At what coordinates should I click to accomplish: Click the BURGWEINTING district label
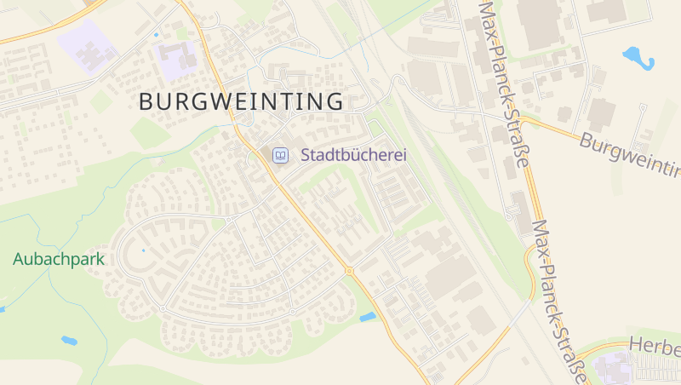coord(241,101)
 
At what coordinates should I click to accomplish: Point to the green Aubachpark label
coord(58,259)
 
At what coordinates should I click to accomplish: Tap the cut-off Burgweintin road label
coord(630,154)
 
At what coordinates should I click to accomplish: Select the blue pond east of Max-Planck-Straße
coord(638,57)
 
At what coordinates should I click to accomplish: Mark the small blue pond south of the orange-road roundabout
coord(368,317)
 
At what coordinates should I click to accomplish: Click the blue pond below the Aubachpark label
coord(69,341)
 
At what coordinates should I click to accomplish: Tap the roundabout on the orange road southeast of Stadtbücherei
coord(348,271)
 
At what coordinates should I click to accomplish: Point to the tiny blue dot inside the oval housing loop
coord(143,250)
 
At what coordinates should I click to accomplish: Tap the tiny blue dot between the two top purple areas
coord(156,35)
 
